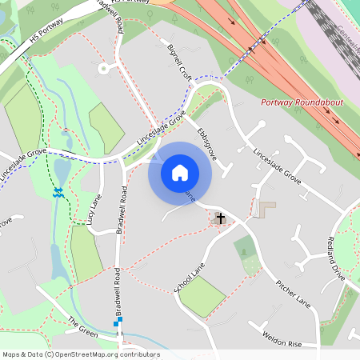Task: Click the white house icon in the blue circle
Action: pyautogui.click(x=180, y=172)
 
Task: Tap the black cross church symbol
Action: pyautogui.click(x=220, y=217)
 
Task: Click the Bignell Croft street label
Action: pyautogui.click(x=178, y=62)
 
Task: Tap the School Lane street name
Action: pyautogui.click(x=189, y=277)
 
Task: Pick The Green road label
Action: pyautogui.click(x=82, y=326)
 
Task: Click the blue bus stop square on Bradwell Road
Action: pyautogui.click(x=118, y=320)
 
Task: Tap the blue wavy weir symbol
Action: pyautogui.click(x=58, y=193)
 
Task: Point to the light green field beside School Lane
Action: pyautogui.click(x=202, y=297)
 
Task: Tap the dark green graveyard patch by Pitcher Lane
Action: pyautogui.click(x=246, y=250)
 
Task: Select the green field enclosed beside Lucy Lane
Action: pyautogui.click(x=86, y=253)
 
